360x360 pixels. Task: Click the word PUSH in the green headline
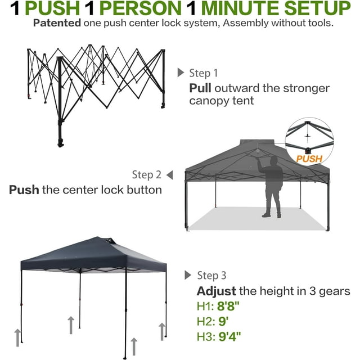point(52,8)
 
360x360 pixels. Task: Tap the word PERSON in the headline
point(141,8)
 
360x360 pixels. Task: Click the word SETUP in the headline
point(317,8)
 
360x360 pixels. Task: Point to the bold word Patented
point(57,23)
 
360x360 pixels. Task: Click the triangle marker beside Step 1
point(181,73)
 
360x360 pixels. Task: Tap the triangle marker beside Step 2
point(170,175)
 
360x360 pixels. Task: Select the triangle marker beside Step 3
point(188,275)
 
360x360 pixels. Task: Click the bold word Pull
point(200,88)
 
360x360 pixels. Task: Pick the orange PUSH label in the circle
point(309,159)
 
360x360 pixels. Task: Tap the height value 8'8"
point(228,306)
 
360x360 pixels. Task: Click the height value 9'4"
point(229,336)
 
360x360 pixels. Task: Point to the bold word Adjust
point(216,291)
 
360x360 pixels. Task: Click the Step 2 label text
point(147,175)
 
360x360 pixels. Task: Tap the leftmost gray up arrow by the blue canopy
point(17,337)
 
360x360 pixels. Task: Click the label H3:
point(206,337)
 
